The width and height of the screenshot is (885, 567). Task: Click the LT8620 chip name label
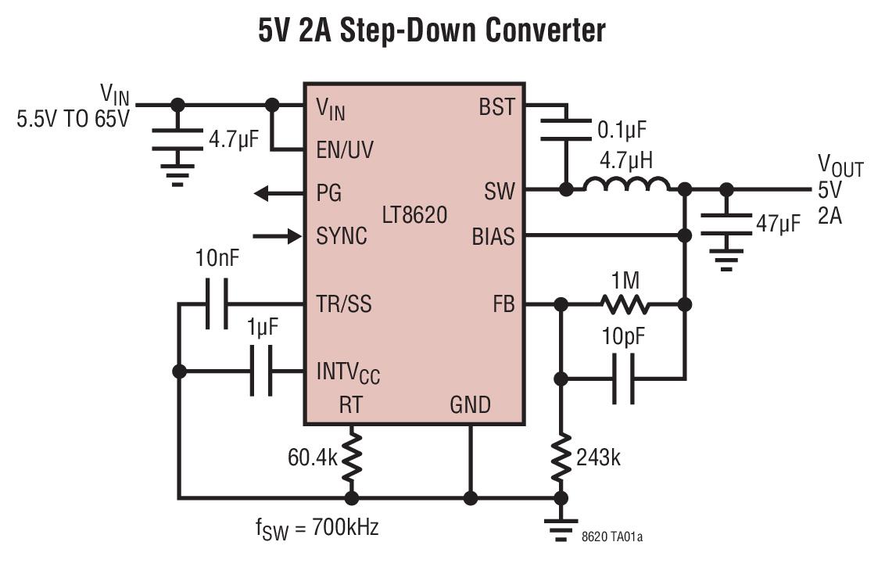pos(415,214)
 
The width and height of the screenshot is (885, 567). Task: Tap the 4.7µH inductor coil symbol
pos(626,185)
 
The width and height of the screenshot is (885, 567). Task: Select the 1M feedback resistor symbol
pos(623,304)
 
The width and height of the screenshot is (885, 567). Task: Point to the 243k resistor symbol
pos(561,460)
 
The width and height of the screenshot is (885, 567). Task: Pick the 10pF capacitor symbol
pos(623,379)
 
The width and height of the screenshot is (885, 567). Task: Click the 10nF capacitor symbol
pos(217,304)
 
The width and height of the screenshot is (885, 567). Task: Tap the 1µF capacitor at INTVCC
pos(261,371)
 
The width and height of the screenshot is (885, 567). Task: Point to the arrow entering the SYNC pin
pos(285,235)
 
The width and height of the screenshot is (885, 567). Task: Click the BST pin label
pos(496,107)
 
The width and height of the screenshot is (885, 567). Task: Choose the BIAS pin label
pos(493,235)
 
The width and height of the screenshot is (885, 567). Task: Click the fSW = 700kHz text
pos(317,528)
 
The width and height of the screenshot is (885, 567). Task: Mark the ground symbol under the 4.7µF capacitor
pos(178,174)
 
